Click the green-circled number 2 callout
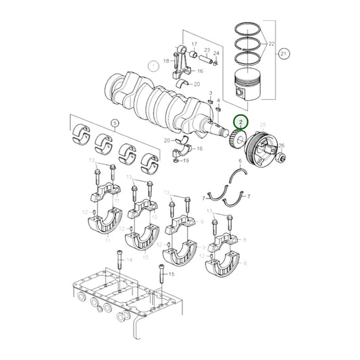(240, 122)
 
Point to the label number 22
(272, 44)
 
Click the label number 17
(194, 45)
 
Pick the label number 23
(207, 51)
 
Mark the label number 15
(171, 274)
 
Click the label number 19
(186, 161)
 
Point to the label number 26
(281, 145)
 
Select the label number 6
(240, 161)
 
